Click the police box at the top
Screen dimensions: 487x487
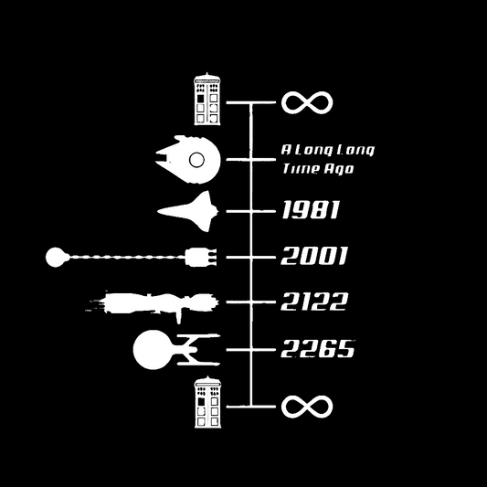[207, 99]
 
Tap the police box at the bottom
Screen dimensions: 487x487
[207, 402]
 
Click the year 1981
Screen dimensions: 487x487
[311, 209]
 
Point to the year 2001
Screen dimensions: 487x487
[313, 256]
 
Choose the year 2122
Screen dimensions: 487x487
[314, 302]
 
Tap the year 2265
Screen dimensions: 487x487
[317, 348]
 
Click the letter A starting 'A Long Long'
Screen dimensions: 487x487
[286, 150]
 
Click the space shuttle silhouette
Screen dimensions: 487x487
[188, 211]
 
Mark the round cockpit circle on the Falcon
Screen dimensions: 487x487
[196, 160]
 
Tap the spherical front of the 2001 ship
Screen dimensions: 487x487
[57, 257]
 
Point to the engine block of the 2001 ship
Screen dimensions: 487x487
[201, 257]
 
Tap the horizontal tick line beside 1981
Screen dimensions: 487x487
[251, 211]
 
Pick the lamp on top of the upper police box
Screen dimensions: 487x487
[207, 74]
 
